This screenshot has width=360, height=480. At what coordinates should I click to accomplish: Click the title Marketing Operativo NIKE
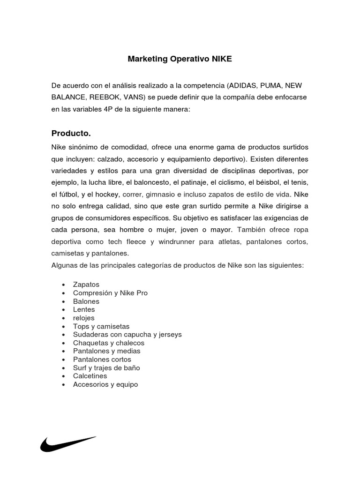(180, 60)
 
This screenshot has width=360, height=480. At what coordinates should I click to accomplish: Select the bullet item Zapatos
(86, 285)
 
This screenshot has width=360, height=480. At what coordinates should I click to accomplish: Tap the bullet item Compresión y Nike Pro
(110, 293)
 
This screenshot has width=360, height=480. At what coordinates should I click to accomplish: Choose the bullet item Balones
(86, 301)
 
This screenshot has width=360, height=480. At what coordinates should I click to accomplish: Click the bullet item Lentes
(84, 309)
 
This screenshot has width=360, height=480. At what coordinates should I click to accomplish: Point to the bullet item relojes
(84, 318)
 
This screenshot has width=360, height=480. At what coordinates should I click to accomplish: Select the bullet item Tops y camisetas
(101, 326)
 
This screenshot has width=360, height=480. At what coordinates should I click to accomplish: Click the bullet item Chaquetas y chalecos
(109, 343)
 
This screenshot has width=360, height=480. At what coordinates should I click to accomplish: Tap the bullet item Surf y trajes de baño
(106, 368)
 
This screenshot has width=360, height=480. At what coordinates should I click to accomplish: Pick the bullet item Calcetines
(90, 376)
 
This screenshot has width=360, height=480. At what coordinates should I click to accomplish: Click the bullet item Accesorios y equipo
(105, 384)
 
